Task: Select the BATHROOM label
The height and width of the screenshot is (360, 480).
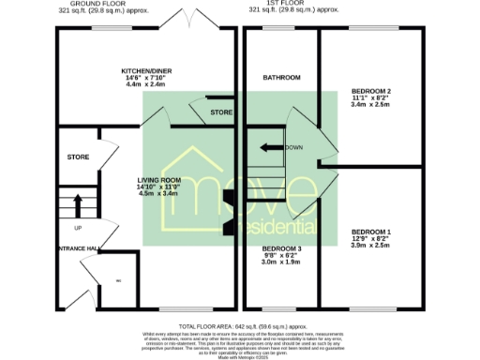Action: click(x=281, y=77)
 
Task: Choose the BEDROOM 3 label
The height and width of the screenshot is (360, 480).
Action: click(x=280, y=250)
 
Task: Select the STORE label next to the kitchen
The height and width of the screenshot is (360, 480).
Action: click(x=221, y=112)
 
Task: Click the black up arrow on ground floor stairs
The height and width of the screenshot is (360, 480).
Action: click(x=77, y=204)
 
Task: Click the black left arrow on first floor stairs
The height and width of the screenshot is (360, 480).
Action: click(x=272, y=147)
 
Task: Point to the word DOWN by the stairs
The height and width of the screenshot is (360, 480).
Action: click(x=294, y=147)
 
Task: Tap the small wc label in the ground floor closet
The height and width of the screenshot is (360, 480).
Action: click(x=118, y=280)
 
